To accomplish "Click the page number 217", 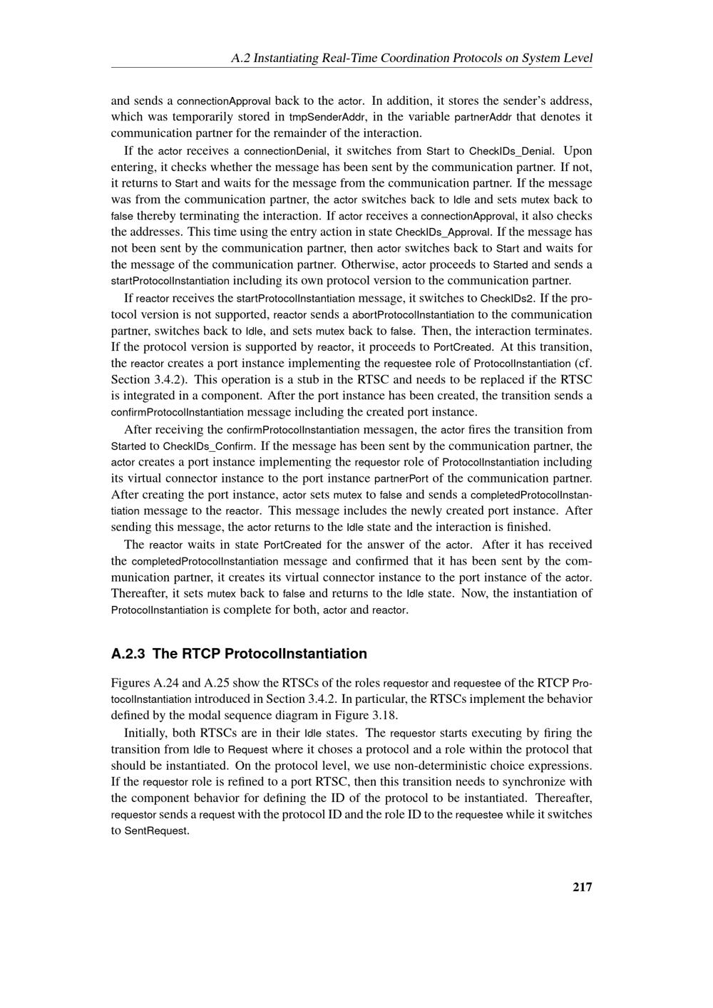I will point(582,887).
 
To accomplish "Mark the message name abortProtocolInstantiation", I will point(413,314).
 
